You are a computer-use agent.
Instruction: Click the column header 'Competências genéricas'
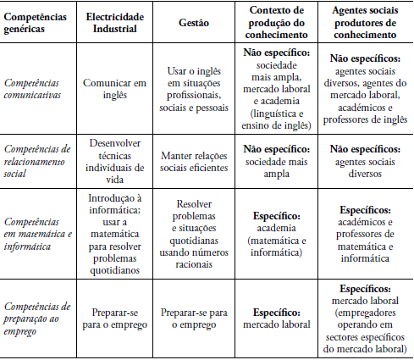(36, 24)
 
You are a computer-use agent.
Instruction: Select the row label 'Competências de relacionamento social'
(38, 162)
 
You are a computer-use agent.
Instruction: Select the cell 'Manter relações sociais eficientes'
(190, 162)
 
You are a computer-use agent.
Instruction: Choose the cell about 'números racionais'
(190, 235)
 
